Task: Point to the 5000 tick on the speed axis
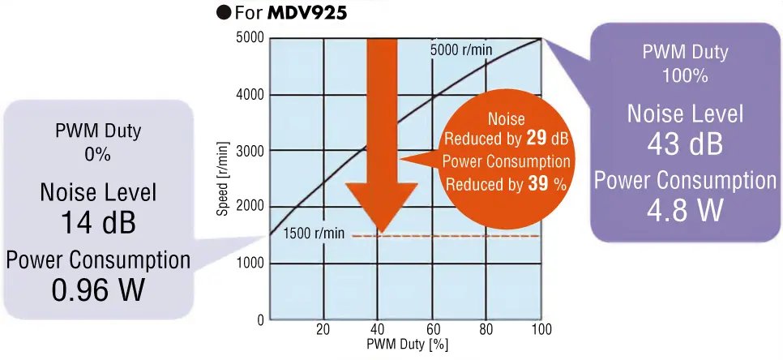tap(250, 38)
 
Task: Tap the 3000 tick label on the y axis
tap(250, 151)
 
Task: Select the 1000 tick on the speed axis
tap(250, 264)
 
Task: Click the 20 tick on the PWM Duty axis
tap(323, 330)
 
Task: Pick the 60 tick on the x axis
tap(433, 330)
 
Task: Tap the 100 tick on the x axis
tap(541, 330)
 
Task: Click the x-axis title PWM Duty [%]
tap(405, 344)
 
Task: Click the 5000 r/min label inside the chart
tap(460, 49)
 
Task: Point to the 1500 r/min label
tap(314, 234)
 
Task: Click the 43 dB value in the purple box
tap(685, 144)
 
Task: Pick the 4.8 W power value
tap(685, 209)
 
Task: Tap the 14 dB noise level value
tap(98, 223)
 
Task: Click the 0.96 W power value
tap(98, 289)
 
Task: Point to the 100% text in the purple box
tap(685, 76)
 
